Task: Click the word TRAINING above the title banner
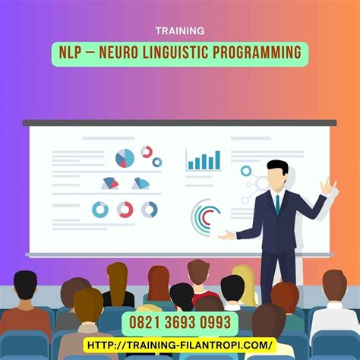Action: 179,31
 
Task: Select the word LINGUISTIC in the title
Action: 187,52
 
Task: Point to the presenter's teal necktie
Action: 277,204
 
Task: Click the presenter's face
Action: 278,180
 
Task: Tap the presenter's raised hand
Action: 327,187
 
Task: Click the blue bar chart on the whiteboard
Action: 204,159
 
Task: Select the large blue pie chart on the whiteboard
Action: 125,158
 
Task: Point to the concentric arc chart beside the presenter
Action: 207,217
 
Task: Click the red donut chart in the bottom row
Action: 125,209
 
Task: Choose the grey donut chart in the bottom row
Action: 150,209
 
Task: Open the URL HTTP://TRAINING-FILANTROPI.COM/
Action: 180,344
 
